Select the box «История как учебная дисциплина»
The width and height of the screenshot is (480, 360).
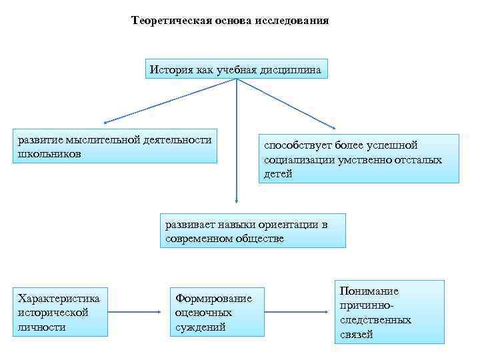236,69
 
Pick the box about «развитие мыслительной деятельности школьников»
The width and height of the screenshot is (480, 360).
117,146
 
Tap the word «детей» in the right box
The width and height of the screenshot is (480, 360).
278,173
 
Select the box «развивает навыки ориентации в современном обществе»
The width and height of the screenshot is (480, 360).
253,231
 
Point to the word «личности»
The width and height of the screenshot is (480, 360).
41,327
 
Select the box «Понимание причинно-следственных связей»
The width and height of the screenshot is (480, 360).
389,312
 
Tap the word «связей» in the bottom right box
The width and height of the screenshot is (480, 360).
356,334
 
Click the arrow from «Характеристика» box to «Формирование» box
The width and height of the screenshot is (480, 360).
138,311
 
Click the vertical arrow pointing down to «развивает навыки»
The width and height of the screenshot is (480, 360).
236,147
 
